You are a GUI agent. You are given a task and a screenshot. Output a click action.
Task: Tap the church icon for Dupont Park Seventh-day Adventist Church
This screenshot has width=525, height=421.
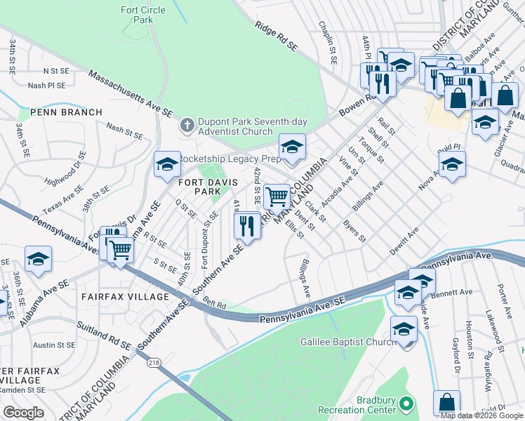click(187, 126)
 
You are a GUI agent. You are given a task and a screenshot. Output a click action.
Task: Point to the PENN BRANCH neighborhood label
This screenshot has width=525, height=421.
click(60, 112)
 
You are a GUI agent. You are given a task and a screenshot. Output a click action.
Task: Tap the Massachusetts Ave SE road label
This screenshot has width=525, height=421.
click(130, 93)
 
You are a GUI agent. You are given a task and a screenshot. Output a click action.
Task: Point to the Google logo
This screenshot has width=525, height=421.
click(23, 413)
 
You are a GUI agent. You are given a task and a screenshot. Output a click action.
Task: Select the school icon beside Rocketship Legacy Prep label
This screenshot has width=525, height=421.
click(167, 164)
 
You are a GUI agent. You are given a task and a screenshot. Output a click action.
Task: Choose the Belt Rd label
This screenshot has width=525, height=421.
click(215, 305)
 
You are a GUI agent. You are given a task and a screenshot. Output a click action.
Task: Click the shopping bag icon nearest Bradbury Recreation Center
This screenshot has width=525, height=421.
click(446, 403)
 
